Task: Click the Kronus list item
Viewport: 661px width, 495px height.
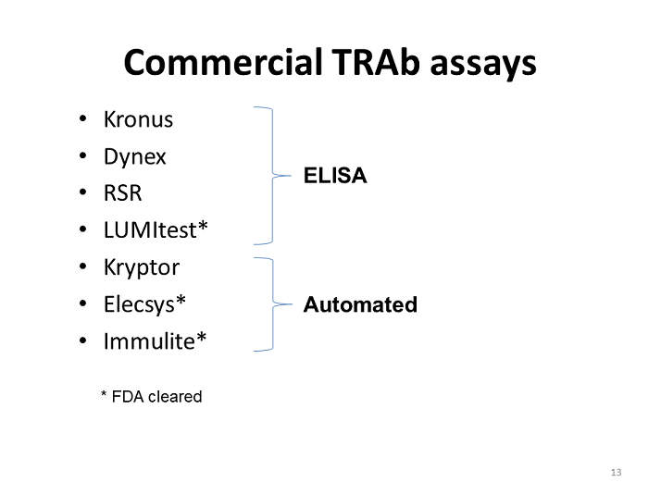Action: tap(138, 119)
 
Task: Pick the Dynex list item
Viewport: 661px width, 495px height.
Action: tap(135, 156)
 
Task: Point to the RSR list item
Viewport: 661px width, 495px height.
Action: tap(123, 193)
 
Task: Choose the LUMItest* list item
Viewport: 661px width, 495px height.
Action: tap(156, 230)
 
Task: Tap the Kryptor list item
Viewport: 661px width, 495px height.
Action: tap(142, 267)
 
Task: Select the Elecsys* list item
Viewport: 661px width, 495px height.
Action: tap(145, 304)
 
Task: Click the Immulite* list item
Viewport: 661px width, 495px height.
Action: tap(155, 341)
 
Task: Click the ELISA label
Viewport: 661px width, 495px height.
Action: tap(335, 176)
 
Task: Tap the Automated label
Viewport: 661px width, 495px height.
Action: tap(360, 304)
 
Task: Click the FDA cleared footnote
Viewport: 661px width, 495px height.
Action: tap(151, 397)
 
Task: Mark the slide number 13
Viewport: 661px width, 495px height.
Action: tap(617, 473)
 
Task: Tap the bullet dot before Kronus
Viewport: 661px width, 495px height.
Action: tap(84, 119)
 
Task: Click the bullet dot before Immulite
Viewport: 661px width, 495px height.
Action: tap(84, 341)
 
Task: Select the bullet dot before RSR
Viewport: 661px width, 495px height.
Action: tap(84, 193)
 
